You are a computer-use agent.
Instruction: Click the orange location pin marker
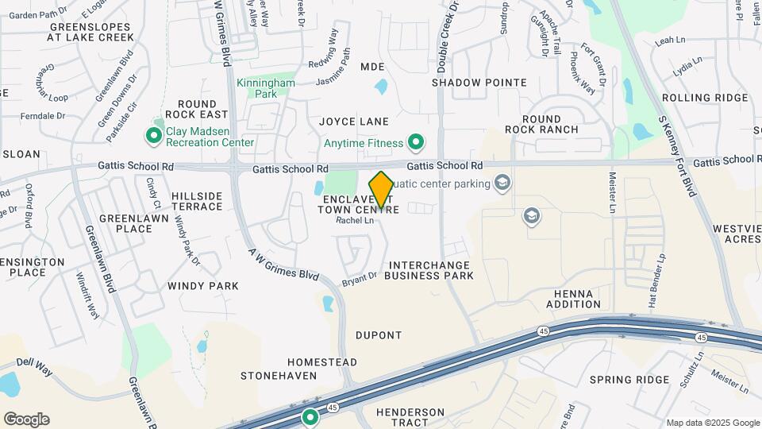click(381, 190)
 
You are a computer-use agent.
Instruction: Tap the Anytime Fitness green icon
click(415, 143)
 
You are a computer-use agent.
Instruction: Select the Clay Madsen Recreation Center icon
click(153, 137)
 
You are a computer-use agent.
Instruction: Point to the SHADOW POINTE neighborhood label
click(479, 83)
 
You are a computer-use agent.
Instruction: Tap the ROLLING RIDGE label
click(704, 98)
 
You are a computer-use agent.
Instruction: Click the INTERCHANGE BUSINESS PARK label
click(429, 270)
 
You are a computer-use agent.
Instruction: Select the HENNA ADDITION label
click(573, 299)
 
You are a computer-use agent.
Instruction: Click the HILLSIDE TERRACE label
click(197, 201)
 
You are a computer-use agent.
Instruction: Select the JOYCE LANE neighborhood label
click(354, 122)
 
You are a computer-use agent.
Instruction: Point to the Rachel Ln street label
click(354, 220)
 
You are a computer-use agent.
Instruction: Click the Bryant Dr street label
click(359, 278)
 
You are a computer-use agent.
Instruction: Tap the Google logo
click(26, 419)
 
